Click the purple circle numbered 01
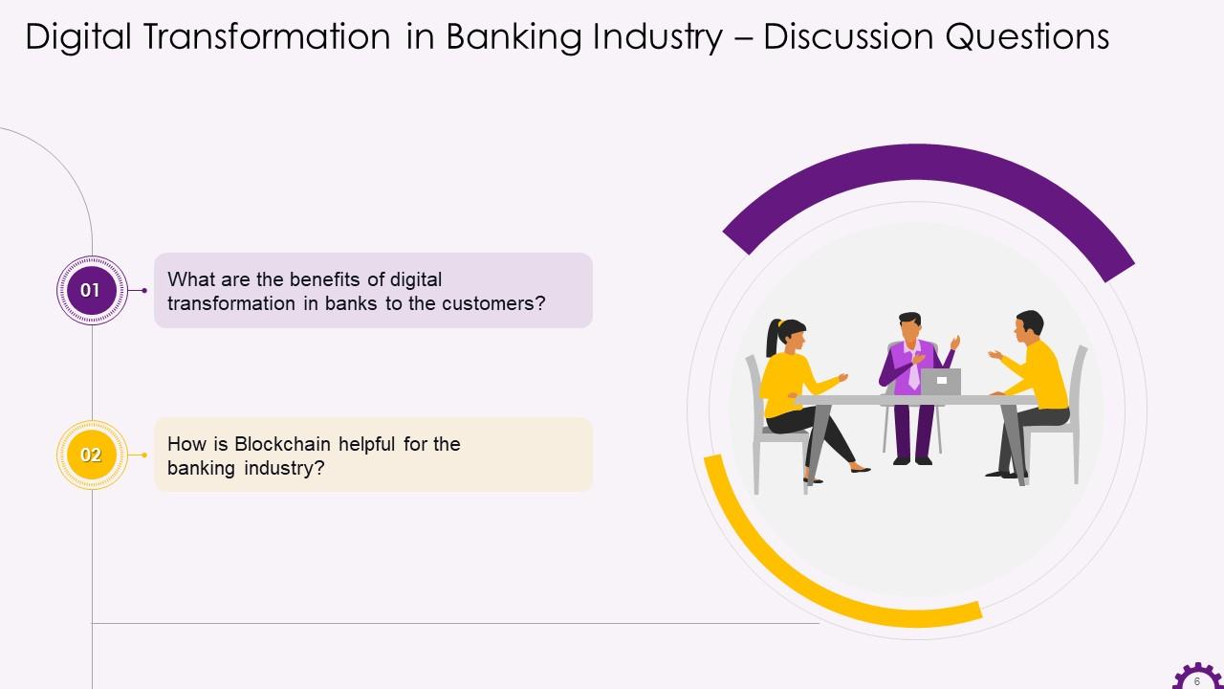(91, 290)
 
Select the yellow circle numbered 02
(91, 455)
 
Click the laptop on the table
(941, 381)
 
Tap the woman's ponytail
(772, 337)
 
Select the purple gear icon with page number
(1196, 678)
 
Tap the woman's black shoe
(859, 469)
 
